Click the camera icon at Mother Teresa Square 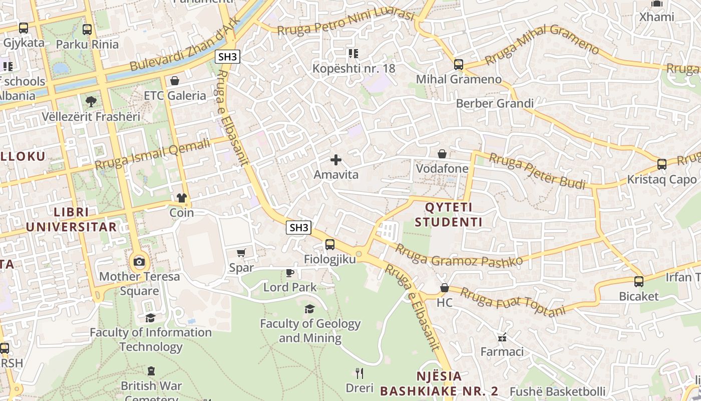click(139, 262)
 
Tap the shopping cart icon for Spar click(241, 253)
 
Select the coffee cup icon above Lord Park click(289, 273)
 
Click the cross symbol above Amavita click(336, 160)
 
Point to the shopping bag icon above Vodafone click(442, 154)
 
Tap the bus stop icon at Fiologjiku click(330, 245)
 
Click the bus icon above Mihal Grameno click(459, 64)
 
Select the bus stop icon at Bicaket click(639, 282)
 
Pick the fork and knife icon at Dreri click(359, 373)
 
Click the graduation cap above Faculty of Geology click(310, 309)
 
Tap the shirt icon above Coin click(181, 198)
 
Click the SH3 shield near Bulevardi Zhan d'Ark click(228, 57)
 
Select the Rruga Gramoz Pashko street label click(459, 255)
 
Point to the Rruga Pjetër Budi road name click(537, 171)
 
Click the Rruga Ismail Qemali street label click(152, 155)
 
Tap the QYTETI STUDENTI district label click(449, 215)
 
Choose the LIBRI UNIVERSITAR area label click(71, 219)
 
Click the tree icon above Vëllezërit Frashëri click(91, 102)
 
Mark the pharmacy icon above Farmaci click(502, 337)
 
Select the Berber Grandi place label click(494, 103)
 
